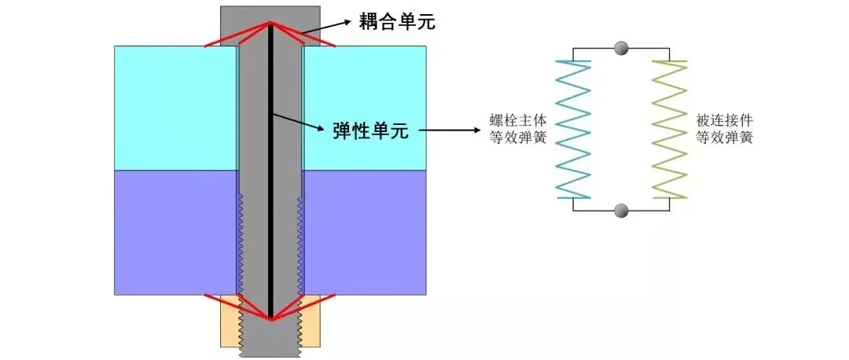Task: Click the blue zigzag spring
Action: point(573,130)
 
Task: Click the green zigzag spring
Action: point(669,130)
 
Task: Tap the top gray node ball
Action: point(621,49)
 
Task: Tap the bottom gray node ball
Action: point(621,211)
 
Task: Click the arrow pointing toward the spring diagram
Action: point(452,130)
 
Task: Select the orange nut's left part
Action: point(230,321)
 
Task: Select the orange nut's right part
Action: point(311,321)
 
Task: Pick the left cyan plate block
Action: point(175,108)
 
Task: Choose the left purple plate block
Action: point(175,233)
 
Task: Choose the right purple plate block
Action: point(365,233)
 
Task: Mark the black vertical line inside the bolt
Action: point(270,173)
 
